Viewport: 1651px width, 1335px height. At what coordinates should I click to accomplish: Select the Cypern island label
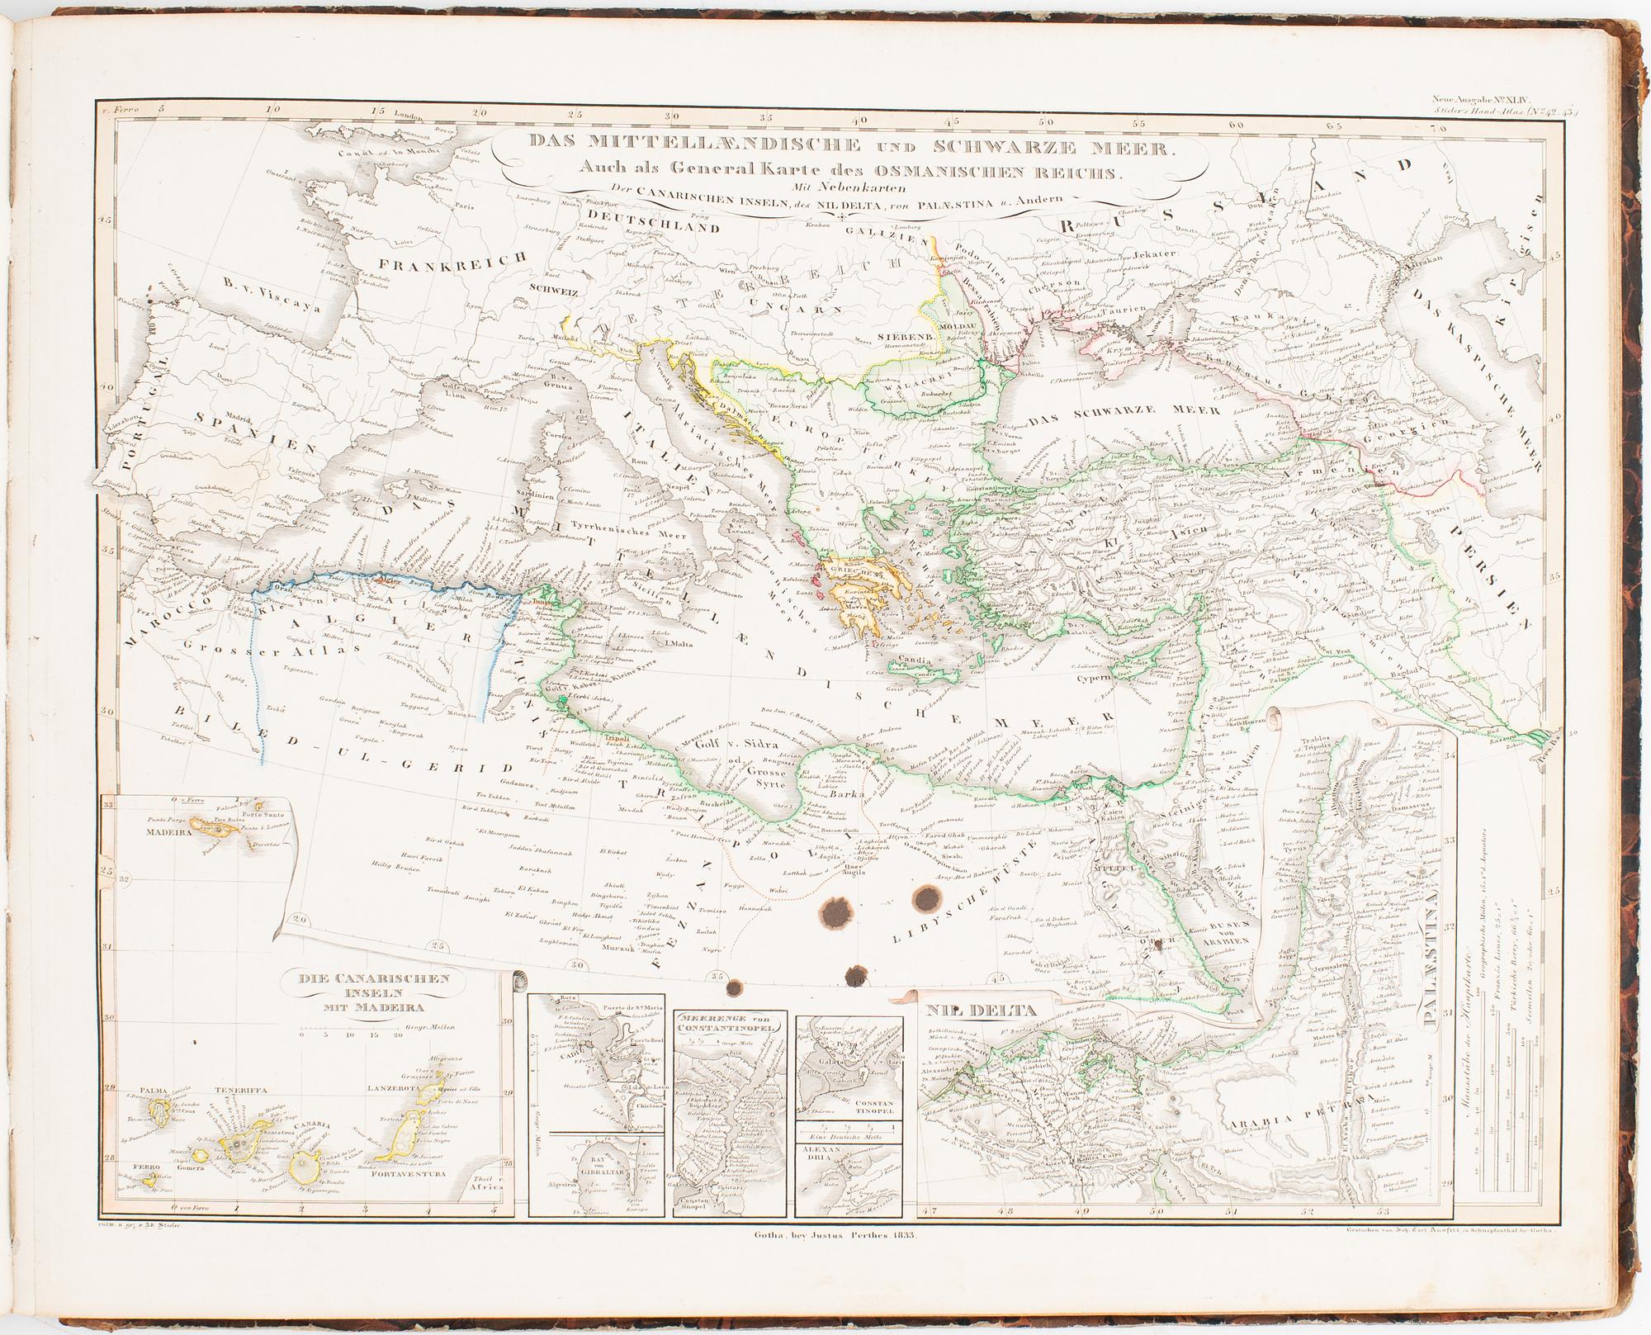[x=1095, y=675]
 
